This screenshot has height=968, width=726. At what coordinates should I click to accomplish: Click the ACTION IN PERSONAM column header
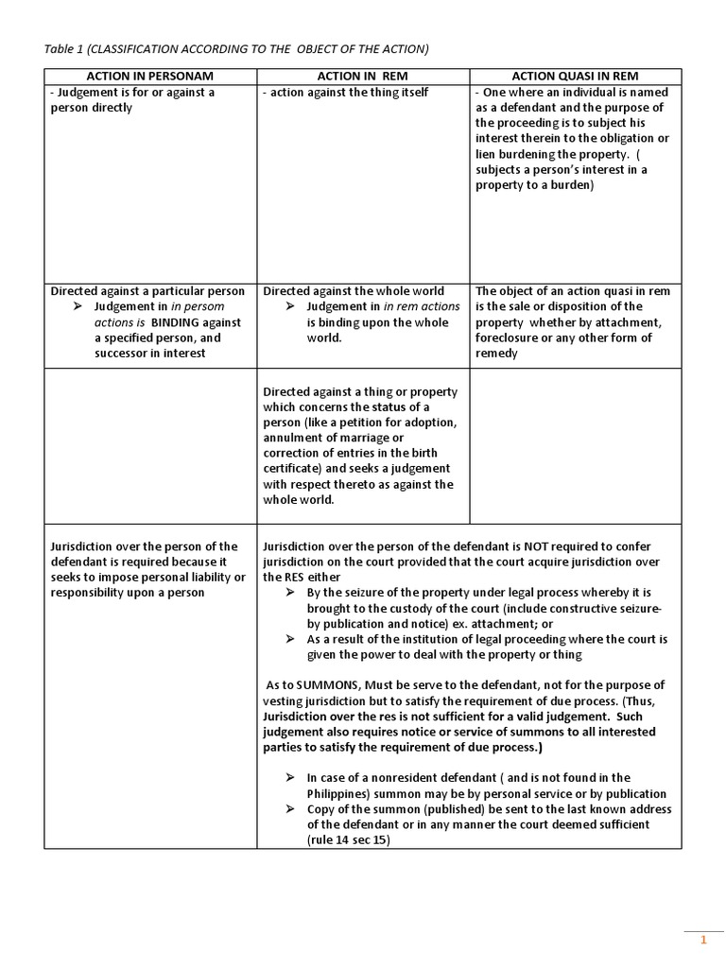click(150, 76)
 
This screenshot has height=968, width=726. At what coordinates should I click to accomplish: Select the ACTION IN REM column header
click(363, 76)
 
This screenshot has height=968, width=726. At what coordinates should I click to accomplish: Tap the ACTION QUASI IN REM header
click(575, 76)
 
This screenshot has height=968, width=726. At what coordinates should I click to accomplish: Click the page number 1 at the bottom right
click(702, 941)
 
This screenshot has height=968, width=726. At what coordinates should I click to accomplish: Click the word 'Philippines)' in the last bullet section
click(343, 793)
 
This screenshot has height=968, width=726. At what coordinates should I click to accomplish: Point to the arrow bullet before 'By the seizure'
click(289, 593)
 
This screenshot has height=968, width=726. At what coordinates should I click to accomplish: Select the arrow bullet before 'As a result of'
click(289, 639)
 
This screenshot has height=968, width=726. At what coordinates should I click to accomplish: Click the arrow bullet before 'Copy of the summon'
click(289, 809)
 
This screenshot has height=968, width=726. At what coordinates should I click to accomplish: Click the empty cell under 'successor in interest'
click(150, 445)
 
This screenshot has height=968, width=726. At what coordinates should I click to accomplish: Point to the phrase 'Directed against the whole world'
click(354, 291)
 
